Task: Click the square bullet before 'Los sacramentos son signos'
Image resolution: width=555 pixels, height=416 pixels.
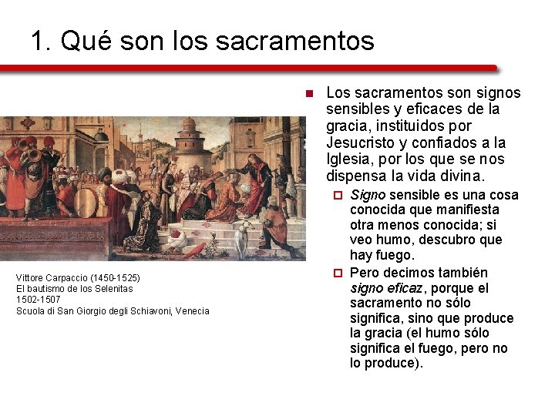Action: click(308, 94)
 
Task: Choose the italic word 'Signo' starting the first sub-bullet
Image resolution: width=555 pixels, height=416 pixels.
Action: click(368, 195)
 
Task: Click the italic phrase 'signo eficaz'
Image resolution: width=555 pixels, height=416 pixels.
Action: click(386, 288)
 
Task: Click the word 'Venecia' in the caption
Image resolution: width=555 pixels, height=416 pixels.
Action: click(192, 311)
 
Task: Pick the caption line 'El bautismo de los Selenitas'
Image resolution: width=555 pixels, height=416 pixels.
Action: click(74, 289)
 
